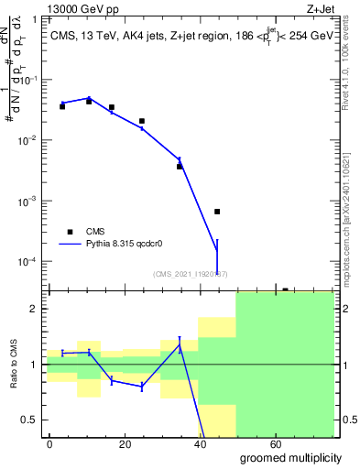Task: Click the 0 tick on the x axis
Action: pyautogui.click(x=50, y=442)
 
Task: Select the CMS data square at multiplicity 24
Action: pyautogui.click(x=142, y=121)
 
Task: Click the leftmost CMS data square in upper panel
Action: pyautogui.click(x=62, y=106)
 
